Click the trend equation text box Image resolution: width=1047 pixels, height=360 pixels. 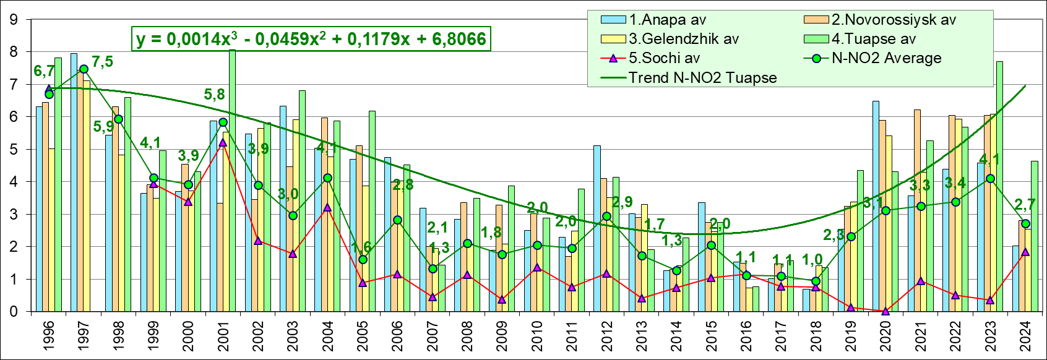click(311, 39)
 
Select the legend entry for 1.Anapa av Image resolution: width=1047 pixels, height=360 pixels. click(667, 20)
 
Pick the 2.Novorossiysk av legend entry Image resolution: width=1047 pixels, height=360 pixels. click(894, 20)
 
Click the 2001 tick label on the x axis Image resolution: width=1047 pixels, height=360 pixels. click(223, 335)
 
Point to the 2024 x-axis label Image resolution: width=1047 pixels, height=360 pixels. click(1025, 335)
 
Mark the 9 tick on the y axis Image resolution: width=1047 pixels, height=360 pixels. click(14, 20)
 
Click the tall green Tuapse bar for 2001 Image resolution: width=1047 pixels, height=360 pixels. click(232, 186)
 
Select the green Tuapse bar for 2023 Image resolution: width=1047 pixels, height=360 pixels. click(999, 186)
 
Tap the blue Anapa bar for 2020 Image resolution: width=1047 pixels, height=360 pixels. click(876, 204)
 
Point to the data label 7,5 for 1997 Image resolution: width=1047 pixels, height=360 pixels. click(102, 62)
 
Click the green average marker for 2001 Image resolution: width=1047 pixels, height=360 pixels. click(223, 122)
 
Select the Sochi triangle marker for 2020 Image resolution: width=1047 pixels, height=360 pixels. click(885, 311)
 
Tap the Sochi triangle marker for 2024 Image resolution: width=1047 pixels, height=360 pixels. click(1025, 252)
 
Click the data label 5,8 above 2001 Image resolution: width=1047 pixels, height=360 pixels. click(215, 95)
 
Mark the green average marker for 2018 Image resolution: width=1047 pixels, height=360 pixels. click(816, 281)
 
